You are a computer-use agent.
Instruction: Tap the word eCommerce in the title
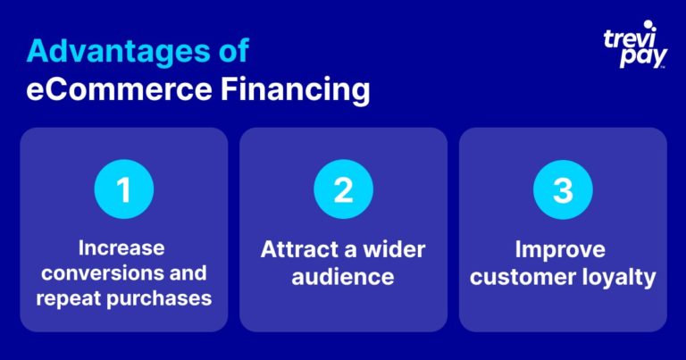tap(119, 89)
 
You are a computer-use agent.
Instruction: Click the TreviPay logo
tap(635, 45)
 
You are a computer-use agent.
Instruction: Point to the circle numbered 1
tap(124, 189)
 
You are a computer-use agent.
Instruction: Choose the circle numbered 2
tap(343, 189)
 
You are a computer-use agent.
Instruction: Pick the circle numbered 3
tap(563, 189)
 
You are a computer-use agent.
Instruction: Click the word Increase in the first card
tap(121, 248)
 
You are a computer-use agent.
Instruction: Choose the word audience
tap(343, 277)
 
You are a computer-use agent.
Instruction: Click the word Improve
tap(560, 250)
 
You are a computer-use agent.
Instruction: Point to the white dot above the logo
tap(648, 24)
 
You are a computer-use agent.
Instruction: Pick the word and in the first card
tap(188, 273)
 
